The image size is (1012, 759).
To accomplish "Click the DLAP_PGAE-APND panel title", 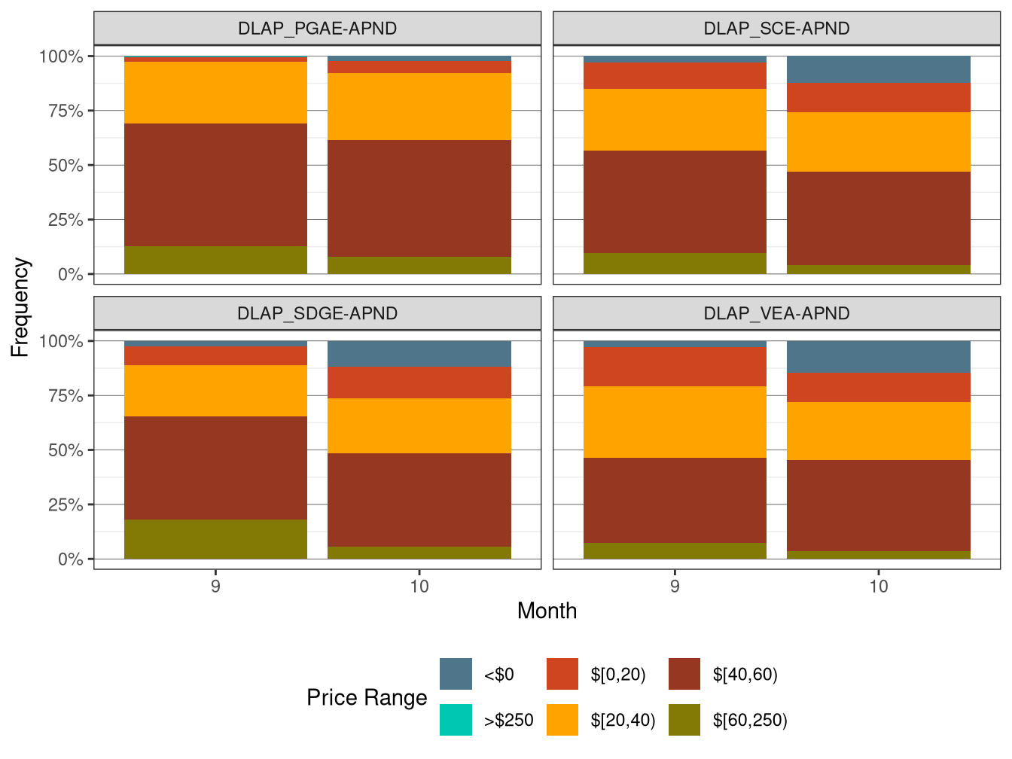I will tap(317, 29).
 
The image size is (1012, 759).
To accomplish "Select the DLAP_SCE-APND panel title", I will tap(776, 29).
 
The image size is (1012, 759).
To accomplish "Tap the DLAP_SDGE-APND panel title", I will tap(317, 313).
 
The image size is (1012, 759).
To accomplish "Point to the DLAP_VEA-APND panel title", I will tap(776, 313).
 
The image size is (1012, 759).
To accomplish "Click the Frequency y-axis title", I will tap(20, 307).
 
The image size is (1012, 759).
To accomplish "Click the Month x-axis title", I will tap(547, 611).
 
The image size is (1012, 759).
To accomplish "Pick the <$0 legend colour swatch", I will tap(456, 674).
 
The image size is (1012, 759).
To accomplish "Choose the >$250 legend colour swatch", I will tap(456, 720).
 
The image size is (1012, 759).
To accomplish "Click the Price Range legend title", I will tap(367, 697).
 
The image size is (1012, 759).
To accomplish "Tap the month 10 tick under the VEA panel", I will tap(879, 586).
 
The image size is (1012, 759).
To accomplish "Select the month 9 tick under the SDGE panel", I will tap(215, 586).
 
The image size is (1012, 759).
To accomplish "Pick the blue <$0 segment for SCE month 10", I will tap(879, 69).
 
